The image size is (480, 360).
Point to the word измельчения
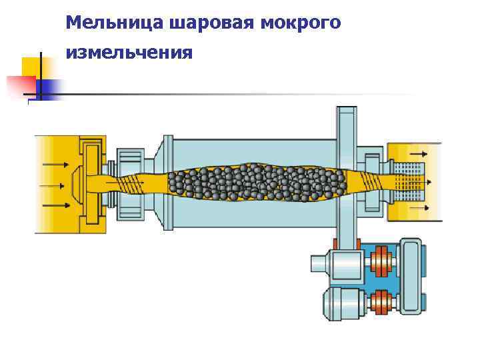pos(129,52)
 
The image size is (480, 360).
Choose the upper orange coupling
pos(381,260)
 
